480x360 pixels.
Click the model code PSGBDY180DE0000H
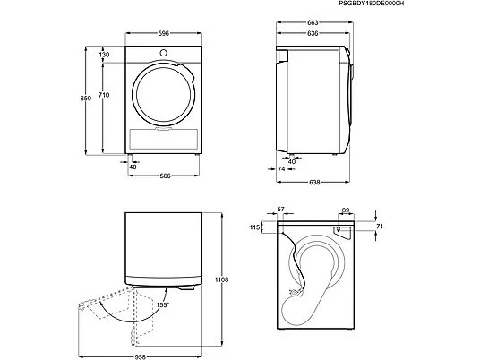point(372,4)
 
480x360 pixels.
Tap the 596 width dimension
point(164,33)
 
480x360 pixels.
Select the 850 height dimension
point(86,99)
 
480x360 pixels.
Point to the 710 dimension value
point(104,95)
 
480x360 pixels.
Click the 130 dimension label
point(104,55)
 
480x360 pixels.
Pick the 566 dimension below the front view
point(166,176)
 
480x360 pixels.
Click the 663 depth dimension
point(313,22)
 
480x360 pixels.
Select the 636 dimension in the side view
point(313,33)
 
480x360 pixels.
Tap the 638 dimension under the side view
point(314,183)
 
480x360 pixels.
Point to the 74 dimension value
point(281,169)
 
